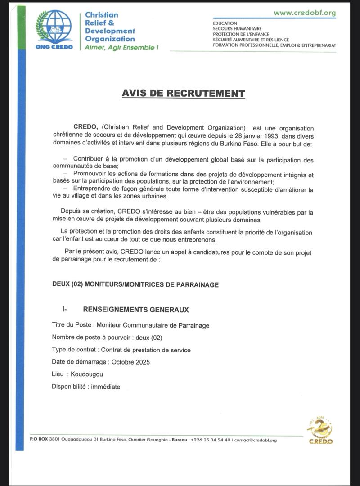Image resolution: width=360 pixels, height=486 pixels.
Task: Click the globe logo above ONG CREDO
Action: [54, 27]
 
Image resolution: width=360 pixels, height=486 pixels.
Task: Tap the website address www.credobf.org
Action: [305, 13]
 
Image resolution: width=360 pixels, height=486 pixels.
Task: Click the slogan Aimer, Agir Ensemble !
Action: [121, 47]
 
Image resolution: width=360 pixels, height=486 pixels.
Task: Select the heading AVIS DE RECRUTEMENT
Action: [184, 94]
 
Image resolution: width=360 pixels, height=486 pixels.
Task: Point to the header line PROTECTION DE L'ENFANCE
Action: [241, 34]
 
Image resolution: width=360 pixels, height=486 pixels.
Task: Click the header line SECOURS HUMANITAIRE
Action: [237, 28]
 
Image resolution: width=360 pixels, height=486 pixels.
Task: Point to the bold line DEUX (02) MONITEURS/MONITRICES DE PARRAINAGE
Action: [135, 285]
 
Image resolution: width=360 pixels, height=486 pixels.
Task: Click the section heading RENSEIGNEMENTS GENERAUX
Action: [136, 310]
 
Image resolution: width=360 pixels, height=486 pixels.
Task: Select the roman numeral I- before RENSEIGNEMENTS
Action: [65, 310]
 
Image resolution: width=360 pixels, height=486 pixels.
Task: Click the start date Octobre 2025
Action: [130, 362]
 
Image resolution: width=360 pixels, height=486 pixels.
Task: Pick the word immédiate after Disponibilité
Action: [106, 387]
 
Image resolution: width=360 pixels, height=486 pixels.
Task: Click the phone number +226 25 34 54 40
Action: [211, 440]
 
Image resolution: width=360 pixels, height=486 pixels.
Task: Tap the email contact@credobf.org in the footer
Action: [256, 440]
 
